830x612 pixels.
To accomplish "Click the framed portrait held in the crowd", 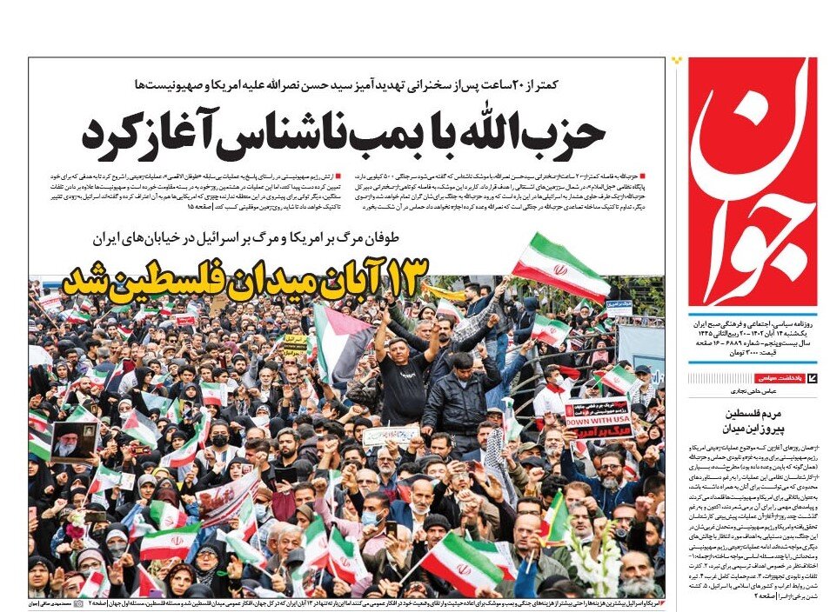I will (x=74, y=442).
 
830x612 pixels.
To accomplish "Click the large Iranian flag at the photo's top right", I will (x=560, y=266).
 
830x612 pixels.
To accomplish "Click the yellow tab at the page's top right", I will (x=678, y=62).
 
